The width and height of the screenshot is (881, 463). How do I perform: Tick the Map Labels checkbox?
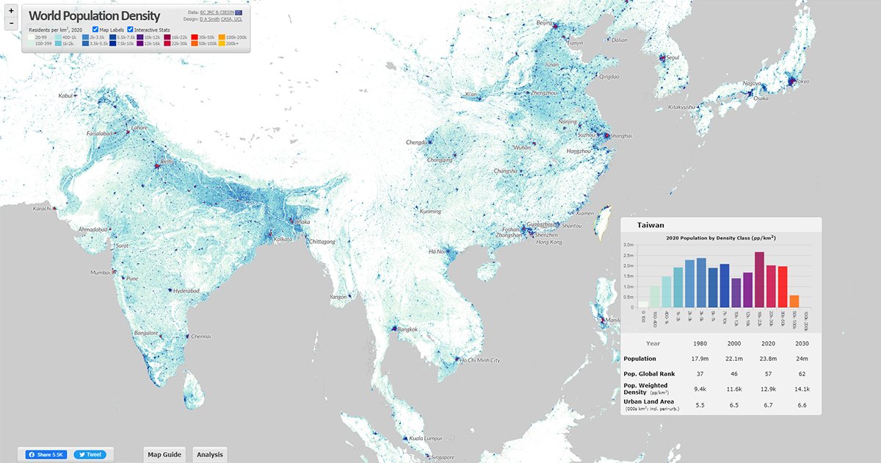tap(96, 29)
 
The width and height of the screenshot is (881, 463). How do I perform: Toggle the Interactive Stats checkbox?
tap(131, 29)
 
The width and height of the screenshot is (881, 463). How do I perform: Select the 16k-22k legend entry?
tap(167, 36)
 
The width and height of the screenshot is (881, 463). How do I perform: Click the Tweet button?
tap(91, 455)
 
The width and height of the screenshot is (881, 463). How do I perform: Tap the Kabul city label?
tap(66, 96)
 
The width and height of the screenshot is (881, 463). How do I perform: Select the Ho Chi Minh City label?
tap(479, 361)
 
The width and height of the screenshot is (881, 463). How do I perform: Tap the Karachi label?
tap(41, 209)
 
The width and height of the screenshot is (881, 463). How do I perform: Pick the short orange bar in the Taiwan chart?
tap(794, 301)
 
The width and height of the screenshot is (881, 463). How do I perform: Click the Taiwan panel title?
tap(650, 226)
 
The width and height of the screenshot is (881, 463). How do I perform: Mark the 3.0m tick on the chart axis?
tap(628, 244)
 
